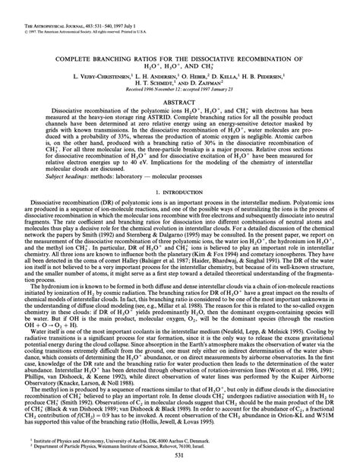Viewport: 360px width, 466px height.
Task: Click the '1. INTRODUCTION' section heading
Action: pyautogui.click(x=180, y=214)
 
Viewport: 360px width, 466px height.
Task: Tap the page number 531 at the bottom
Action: pyautogui.click(x=180, y=455)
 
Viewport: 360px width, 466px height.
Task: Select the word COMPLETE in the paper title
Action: pyautogui.click(x=93, y=58)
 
